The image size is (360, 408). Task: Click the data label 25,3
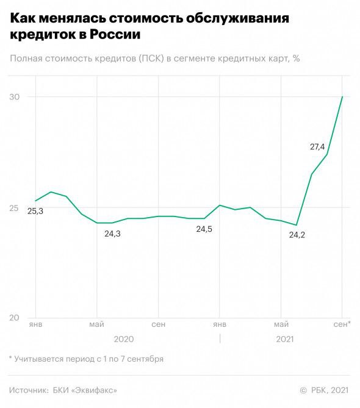click(x=35, y=211)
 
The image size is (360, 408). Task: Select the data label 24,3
click(x=112, y=234)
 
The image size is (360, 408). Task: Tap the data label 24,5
click(x=204, y=229)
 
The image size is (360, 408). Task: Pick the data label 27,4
click(x=318, y=146)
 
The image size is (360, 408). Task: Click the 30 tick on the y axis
click(x=15, y=97)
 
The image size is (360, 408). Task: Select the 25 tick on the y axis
click(x=15, y=208)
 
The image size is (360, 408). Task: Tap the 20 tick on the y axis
click(x=15, y=318)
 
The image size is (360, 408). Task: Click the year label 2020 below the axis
click(x=124, y=339)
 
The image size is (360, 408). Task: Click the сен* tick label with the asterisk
click(x=342, y=323)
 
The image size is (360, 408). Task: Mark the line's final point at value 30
click(x=342, y=97)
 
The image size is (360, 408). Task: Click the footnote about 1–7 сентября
click(x=86, y=359)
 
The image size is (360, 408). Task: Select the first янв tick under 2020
click(x=35, y=323)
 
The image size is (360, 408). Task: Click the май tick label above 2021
click(x=281, y=323)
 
